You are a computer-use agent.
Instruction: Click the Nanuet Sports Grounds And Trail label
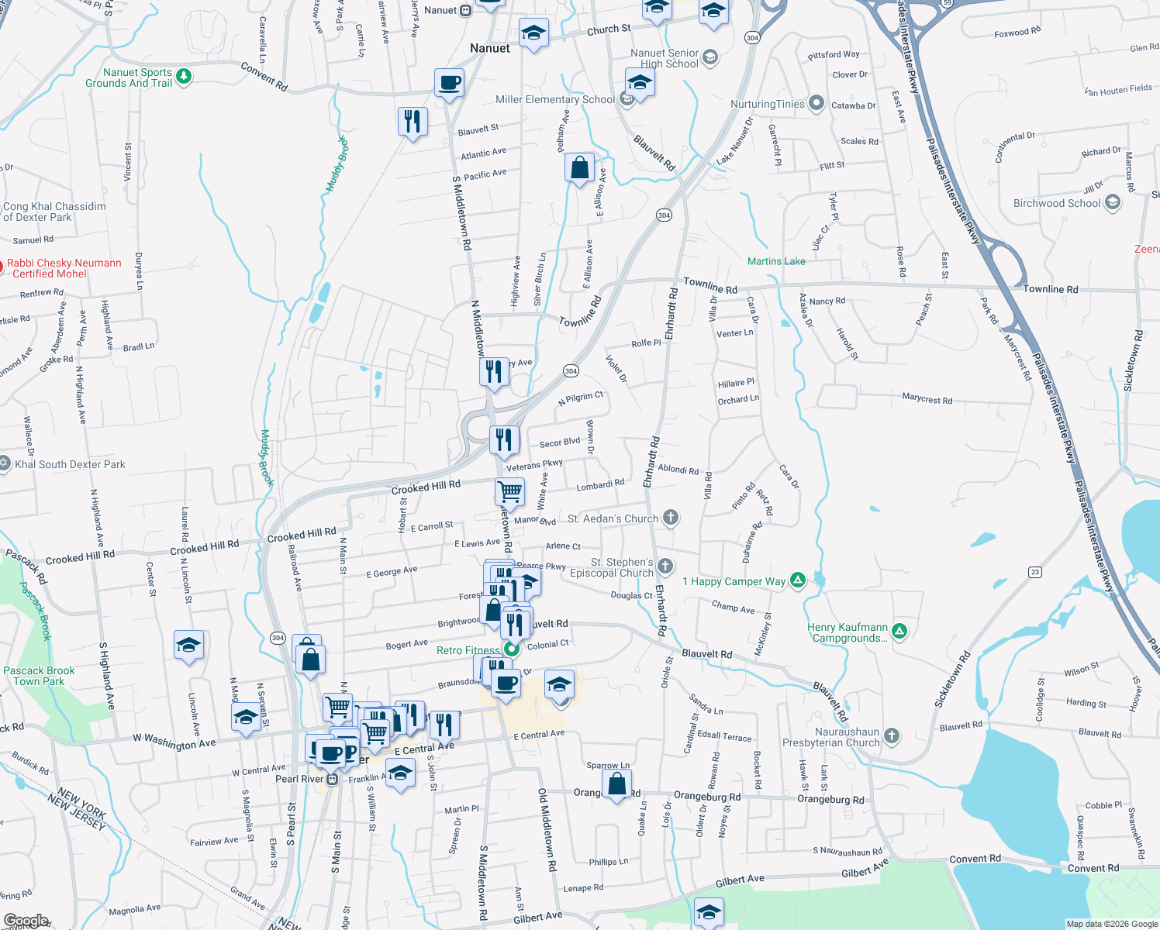pyautogui.click(x=129, y=77)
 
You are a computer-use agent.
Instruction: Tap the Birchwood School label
pyautogui.click(x=1057, y=203)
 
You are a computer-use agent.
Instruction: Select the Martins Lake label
pyautogui.click(x=776, y=261)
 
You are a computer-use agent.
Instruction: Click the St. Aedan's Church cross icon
pyautogui.click(x=671, y=518)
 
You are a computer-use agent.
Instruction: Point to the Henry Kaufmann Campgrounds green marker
pyautogui.click(x=899, y=632)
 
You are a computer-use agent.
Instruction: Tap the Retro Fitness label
pyautogui.click(x=468, y=650)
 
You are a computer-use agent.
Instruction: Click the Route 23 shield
pyautogui.click(x=1035, y=572)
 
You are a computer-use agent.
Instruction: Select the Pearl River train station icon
pyautogui.click(x=332, y=779)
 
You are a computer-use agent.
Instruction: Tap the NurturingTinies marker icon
pyautogui.click(x=816, y=103)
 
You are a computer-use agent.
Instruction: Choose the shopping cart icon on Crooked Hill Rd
pyautogui.click(x=509, y=491)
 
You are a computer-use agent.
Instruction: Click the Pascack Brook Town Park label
pyautogui.click(x=39, y=676)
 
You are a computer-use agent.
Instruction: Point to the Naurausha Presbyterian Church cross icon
pyautogui.click(x=892, y=735)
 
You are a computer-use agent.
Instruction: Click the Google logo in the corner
pyautogui.click(x=26, y=921)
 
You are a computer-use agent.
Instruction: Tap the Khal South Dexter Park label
pyautogui.click(x=70, y=464)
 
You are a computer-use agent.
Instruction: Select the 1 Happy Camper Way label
pyautogui.click(x=734, y=581)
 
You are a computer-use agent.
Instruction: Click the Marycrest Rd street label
pyautogui.click(x=927, y=399)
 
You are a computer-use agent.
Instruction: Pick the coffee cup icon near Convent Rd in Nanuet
pyautogui.click(x=449, y=82)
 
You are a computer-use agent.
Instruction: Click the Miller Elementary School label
pyautogui.click(x=554, y=99)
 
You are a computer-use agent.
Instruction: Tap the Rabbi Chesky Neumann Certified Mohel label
pyautogui.click(x=64, y=268)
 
